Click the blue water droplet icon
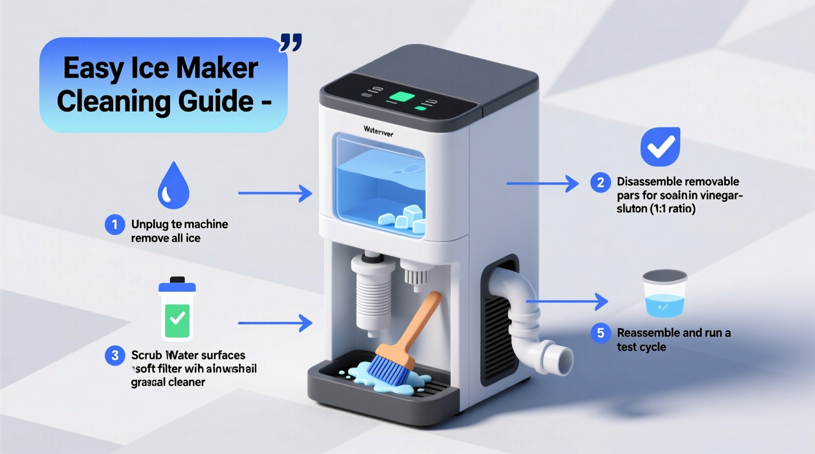tap(173, 186)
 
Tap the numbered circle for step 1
tap(115, 225)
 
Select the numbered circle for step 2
tap(600, 182)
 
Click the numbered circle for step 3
tap(115, 355)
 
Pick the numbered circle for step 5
tap(600, 333)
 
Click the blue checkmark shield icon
tap(660, 146)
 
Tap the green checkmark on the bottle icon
tap(177, 318)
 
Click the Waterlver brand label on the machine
tap(378, 131)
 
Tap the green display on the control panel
tap(402, 96)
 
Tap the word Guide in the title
tap(216, 101)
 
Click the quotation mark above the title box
tap(290, 43)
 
